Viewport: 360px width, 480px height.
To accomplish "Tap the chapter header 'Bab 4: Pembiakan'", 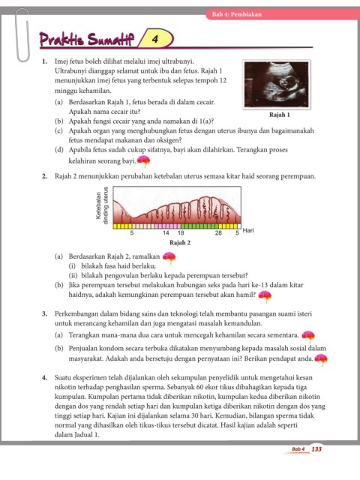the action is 237,14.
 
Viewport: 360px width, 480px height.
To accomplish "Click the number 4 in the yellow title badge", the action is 155,39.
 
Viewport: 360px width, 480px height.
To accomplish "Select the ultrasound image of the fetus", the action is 277,85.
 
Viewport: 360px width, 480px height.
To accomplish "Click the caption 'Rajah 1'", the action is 279,115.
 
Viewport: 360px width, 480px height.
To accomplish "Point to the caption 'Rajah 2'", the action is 180,243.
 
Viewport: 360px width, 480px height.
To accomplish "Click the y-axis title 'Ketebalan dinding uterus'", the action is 102,205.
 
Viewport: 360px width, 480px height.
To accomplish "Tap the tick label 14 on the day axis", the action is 166,233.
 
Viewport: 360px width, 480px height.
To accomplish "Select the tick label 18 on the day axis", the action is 181,233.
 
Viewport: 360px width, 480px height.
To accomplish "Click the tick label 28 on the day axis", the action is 218,233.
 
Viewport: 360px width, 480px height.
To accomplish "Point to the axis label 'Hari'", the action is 248,230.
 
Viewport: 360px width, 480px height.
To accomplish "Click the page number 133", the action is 316,448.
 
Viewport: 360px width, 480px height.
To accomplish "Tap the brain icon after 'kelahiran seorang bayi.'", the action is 143,161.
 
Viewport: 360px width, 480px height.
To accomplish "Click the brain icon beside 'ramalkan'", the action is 169,258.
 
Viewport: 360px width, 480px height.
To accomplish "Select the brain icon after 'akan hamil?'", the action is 265,296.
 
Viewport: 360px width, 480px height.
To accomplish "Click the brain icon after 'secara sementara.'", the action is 308,337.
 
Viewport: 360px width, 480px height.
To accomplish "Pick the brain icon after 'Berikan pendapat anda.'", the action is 321,359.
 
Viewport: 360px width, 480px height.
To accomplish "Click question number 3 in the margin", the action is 45,313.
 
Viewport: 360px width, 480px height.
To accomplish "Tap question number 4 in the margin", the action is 45,377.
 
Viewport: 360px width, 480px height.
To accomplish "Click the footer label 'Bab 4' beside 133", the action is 298,449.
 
